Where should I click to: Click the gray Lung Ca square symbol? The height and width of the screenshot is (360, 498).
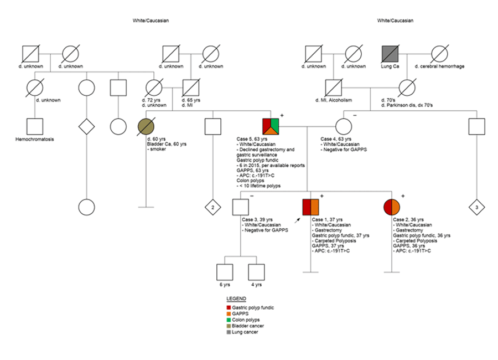[x=391, y=55]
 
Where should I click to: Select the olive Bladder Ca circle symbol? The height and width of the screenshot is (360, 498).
[x=146, y=126]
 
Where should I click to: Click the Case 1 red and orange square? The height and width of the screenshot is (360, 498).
[x=311, y=207]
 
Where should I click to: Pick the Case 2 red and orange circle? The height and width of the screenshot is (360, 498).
[x=392, y=207]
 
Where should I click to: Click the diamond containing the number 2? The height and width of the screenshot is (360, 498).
[x=212, y=207]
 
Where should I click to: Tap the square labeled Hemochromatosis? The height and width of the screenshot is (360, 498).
[x=35, y=126]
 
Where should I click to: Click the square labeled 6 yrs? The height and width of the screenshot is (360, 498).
[x=224, y=272]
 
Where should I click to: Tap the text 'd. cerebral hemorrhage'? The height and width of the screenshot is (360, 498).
[x=440, y=66]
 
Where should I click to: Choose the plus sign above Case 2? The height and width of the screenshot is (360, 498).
[x=403, y=196]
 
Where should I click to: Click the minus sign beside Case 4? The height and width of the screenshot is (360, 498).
[x=354, y=115]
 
